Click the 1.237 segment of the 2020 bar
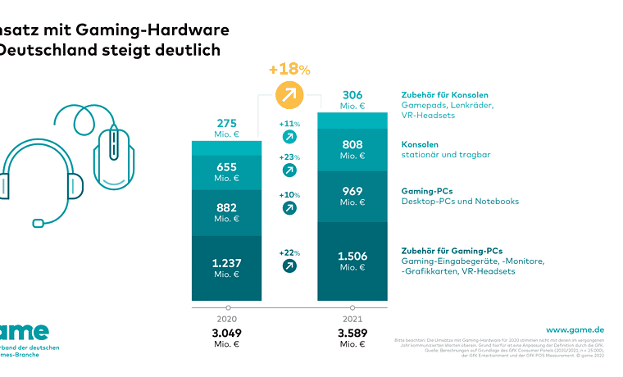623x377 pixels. tap(227, 267)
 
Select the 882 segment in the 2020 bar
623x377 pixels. tap(227, 212)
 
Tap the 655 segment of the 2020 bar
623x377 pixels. tap(227, 172)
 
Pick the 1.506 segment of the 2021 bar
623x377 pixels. tap(352, 261)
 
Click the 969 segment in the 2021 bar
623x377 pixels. tap(352, 196)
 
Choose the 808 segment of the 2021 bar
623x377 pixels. tap(352, 150)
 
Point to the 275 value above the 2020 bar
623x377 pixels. tap(227, 124)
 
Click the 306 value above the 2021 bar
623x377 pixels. tap(352, 95)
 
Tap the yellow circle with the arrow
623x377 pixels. tap(289, 96)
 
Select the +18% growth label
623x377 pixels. tap(289, 69)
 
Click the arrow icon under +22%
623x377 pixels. tap(289, 266)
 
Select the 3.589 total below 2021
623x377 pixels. tap(352, 334)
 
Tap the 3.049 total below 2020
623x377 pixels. tap(227, 334)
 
